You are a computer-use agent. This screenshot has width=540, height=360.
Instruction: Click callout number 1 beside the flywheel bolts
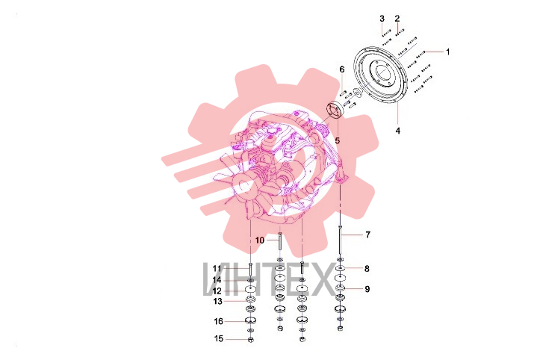pos(447,52)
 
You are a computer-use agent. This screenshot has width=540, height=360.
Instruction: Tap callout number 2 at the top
pos(397,18)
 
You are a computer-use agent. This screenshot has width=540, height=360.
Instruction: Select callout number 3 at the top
pos(382,18)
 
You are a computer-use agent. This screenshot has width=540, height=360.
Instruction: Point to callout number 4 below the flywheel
pos(398,131)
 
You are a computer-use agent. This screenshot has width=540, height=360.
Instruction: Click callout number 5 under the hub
pos(337,140)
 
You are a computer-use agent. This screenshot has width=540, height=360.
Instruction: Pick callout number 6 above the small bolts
pos(342,69)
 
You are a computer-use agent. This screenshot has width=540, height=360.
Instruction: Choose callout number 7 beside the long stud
pos(367,235)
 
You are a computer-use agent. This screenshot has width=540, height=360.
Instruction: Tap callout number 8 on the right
pos(367,269)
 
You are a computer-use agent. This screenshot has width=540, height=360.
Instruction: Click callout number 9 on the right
pos(367,289)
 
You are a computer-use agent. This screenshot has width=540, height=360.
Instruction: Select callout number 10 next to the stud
pos(260,240)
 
